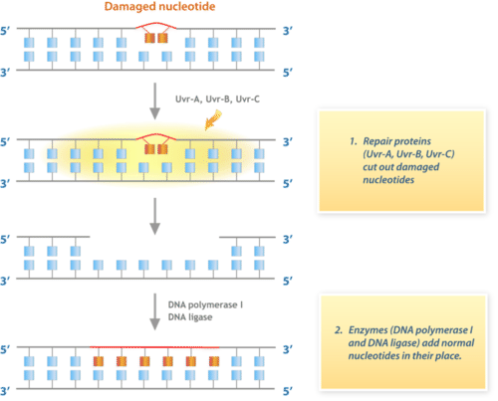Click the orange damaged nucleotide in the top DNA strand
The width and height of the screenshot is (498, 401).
(154, 39)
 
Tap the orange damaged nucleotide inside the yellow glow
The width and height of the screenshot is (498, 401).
(154, 148)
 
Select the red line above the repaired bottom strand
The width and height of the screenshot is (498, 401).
(154, 347)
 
